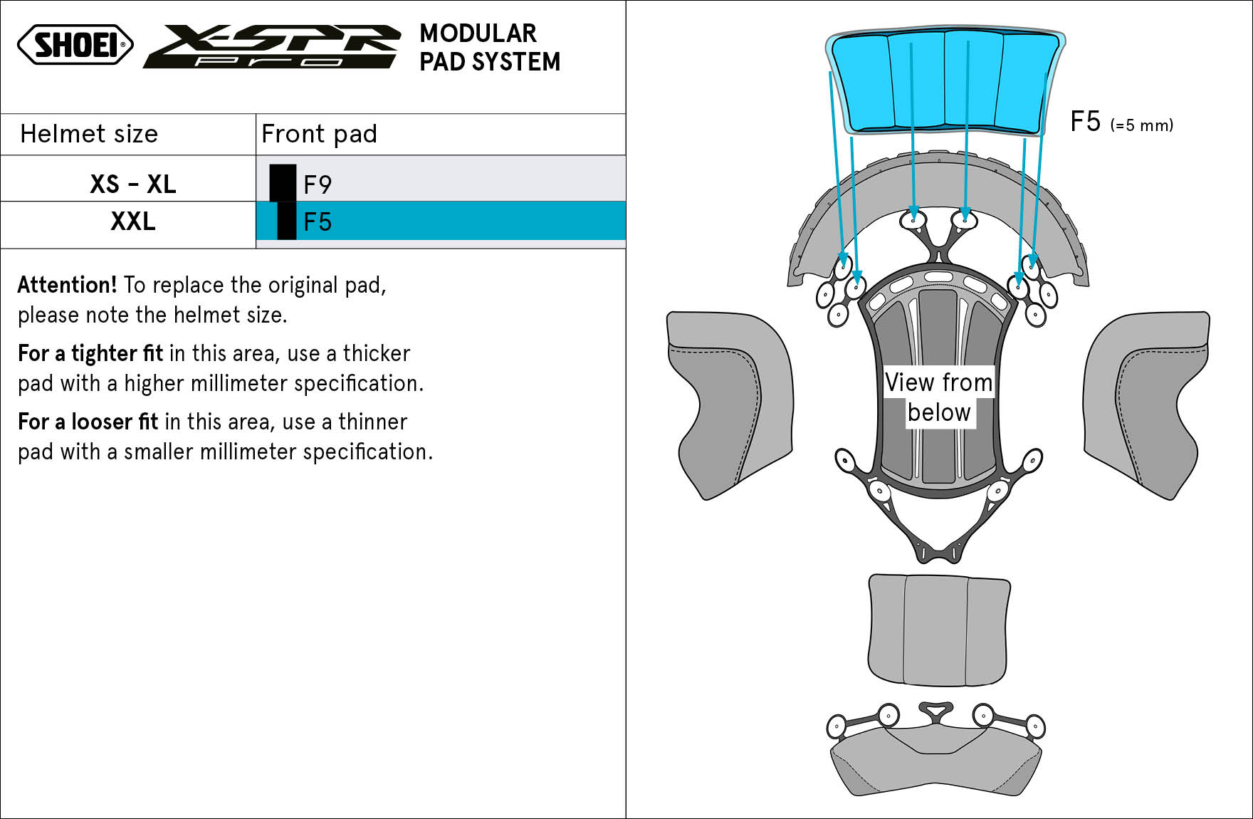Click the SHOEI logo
coord(75,45)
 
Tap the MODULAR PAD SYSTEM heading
coord(490,48)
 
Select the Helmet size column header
coord(89,134)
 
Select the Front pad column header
coord(319,134)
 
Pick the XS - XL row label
coord(133,184)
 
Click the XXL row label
coord(133,221)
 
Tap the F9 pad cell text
coord(318,185)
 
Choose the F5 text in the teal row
coord(318,222)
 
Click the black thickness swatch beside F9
coord(283,183)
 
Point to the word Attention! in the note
coord(67,285)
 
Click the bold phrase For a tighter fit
coord(90,353)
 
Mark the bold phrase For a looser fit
coord(88,422)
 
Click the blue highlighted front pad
coord(945,82)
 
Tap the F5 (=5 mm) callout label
coord(1121,122)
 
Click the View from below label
coord(939,397)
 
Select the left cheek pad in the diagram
coord(730,404)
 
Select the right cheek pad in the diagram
coord(1146,404)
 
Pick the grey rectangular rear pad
coord(939,630)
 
